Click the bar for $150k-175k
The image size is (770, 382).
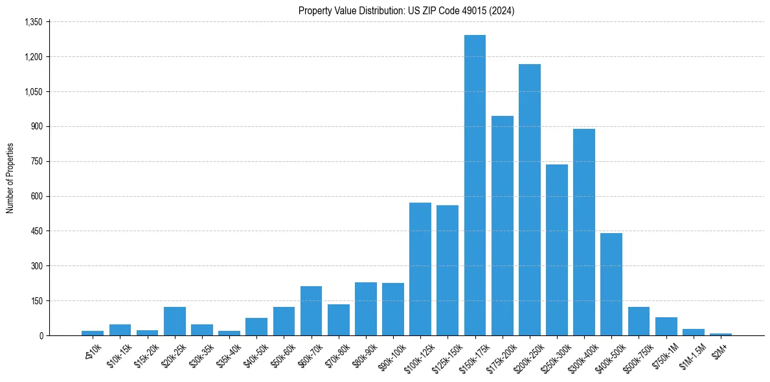pos(475,185)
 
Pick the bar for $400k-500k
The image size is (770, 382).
pos(611,284)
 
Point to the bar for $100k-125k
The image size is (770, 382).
pos(420,269)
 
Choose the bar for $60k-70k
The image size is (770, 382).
pos(311,311)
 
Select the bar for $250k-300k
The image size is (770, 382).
pos(557,250)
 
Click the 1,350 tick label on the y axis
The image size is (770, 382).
pos(33,22)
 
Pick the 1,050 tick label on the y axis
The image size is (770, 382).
pos(33,92)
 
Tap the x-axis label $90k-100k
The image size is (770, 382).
pos(393,354)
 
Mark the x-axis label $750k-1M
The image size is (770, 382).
pos(666,354)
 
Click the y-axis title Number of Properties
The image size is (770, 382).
pos(10,178)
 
